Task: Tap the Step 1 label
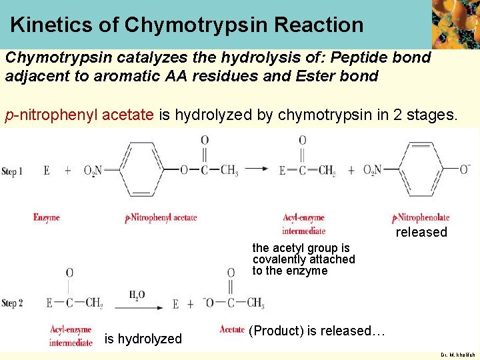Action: click(x=13, y=171)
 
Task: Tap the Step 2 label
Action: click(x=13, y=304)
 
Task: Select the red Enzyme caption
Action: click(x=47, y=217)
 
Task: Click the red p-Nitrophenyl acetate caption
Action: click(x=161, y=218)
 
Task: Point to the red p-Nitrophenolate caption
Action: click(x=421, y=217)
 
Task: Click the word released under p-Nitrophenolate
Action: click(x=421, y=232)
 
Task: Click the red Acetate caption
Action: click(x=232, y=329)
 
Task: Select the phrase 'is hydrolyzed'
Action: click(x=143, y=339)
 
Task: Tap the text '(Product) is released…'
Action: click(x=317, y=331)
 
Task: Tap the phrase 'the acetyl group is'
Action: click(x=301, y=248)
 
